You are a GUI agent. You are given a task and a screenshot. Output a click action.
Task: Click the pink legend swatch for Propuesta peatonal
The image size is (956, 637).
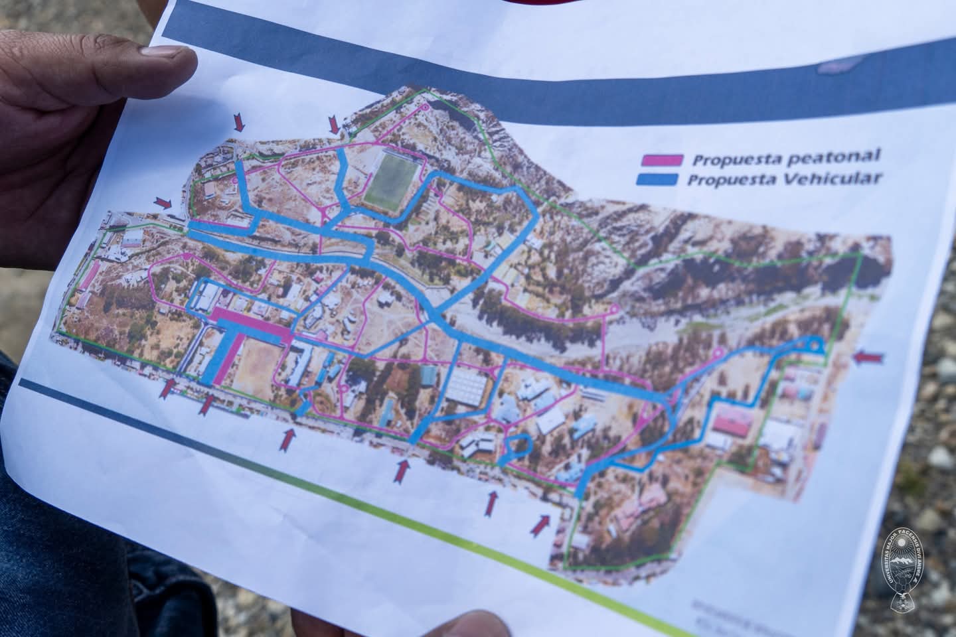coord(661,159)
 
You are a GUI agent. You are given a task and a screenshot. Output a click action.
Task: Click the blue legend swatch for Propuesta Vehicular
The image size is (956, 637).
coord(657,179)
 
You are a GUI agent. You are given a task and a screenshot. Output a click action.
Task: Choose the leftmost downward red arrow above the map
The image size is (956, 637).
coord(240,121)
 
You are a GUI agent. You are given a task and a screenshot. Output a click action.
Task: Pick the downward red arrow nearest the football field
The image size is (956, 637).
coord(335,123)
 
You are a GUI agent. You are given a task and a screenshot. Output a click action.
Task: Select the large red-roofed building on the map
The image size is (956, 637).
coord(730,425)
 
